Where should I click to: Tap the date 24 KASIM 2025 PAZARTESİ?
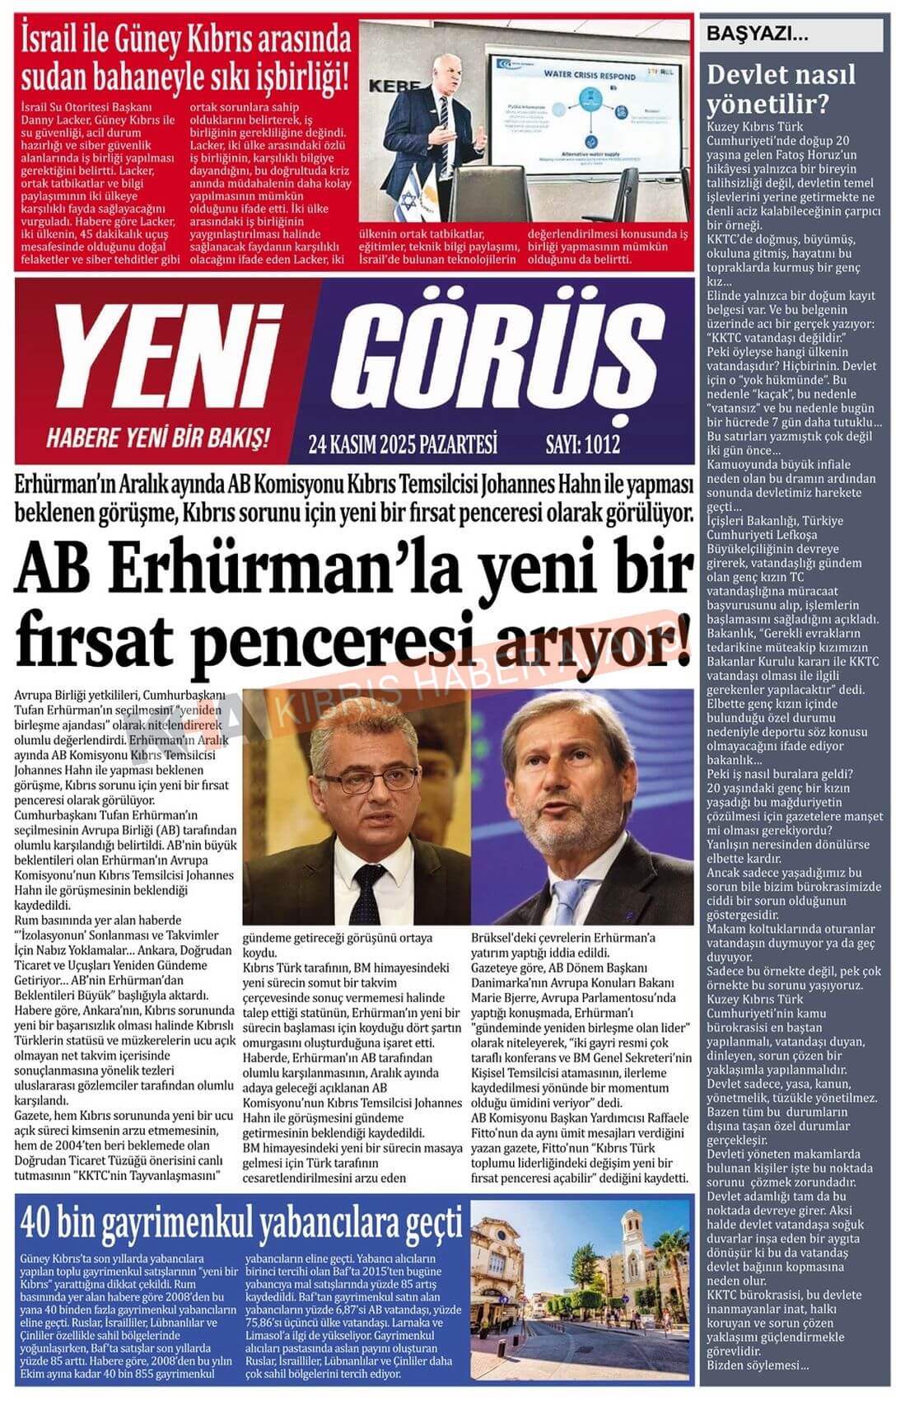point(403,446)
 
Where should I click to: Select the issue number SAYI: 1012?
point(582,446)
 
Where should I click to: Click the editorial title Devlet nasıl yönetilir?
point(781,90)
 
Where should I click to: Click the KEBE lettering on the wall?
point(385,85)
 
